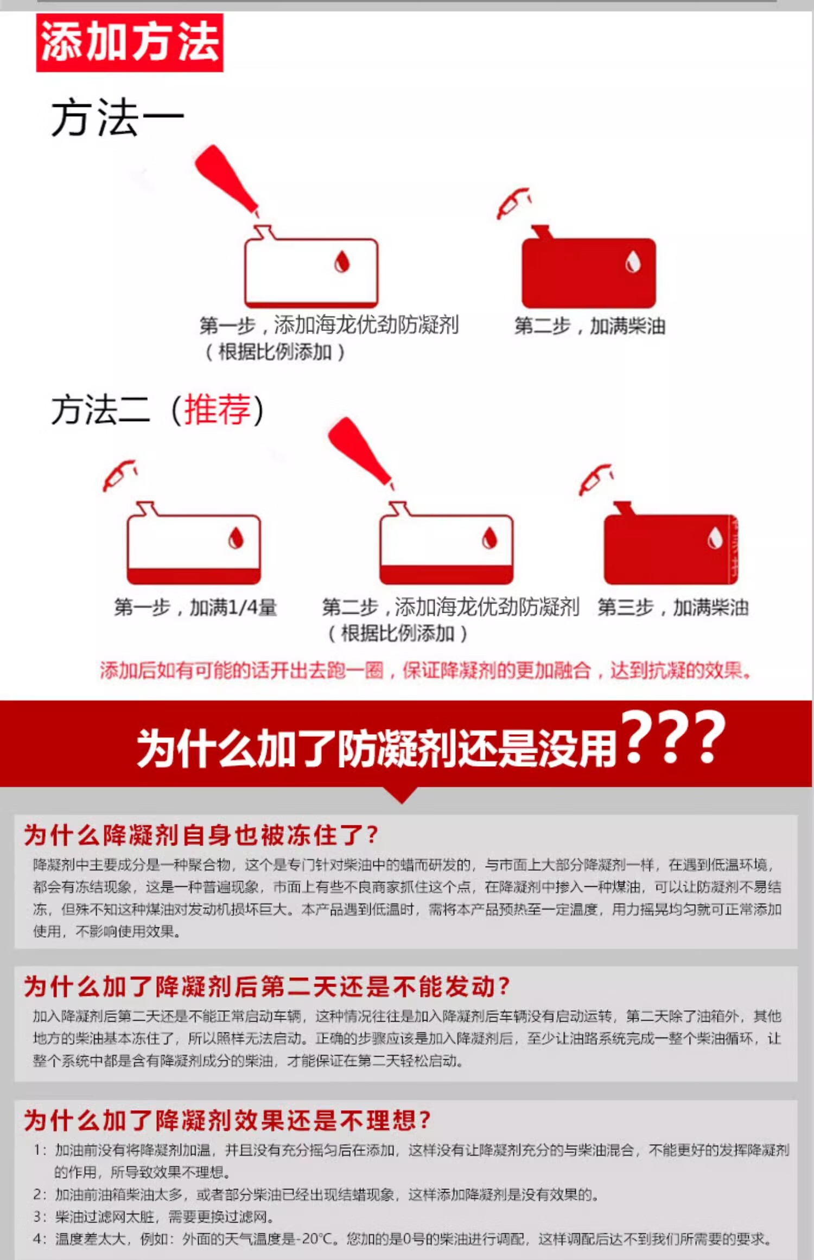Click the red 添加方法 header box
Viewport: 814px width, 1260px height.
[130, 43]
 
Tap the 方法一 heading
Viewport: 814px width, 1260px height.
[118, 118]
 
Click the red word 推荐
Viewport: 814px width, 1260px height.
[218, 410]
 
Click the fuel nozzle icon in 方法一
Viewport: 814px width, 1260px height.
[513, 203]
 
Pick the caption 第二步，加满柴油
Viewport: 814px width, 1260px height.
[590, 326]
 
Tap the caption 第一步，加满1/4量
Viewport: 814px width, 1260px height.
[195, 607]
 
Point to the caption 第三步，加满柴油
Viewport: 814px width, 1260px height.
[673, 607]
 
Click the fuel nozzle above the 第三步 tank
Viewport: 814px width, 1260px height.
[596, 480]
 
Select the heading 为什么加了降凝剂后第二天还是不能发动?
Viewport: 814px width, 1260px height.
[267, 986]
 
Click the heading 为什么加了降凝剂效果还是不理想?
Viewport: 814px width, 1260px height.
[227, 1120]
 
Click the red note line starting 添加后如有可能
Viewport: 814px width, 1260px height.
[425, 671]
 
